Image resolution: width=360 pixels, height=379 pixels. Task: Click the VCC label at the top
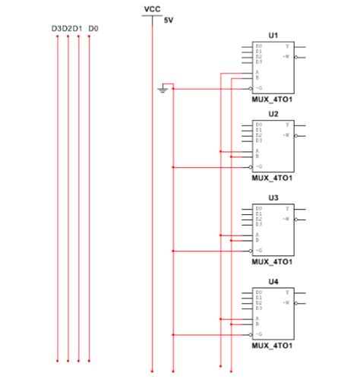(151, 8)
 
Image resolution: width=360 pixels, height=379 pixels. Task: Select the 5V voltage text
(169, 21)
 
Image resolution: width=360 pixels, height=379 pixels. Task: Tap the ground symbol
(162, 90)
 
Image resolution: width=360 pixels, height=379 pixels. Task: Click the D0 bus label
(93, 29)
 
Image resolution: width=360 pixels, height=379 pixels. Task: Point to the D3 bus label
(56, 29)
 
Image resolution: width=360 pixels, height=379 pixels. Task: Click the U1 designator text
(273, 36)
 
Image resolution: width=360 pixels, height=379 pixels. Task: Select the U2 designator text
(273, 113)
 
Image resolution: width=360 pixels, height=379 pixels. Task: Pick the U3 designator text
(273, 197)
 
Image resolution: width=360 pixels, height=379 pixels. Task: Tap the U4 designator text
(273, 282)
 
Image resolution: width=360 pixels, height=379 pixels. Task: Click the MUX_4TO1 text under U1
(273, 98)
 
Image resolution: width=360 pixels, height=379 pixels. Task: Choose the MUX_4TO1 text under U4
(273, 346)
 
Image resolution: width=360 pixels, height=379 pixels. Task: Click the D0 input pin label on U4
(259, 292)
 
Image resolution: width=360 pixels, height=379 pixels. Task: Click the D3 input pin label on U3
(259, 225)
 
